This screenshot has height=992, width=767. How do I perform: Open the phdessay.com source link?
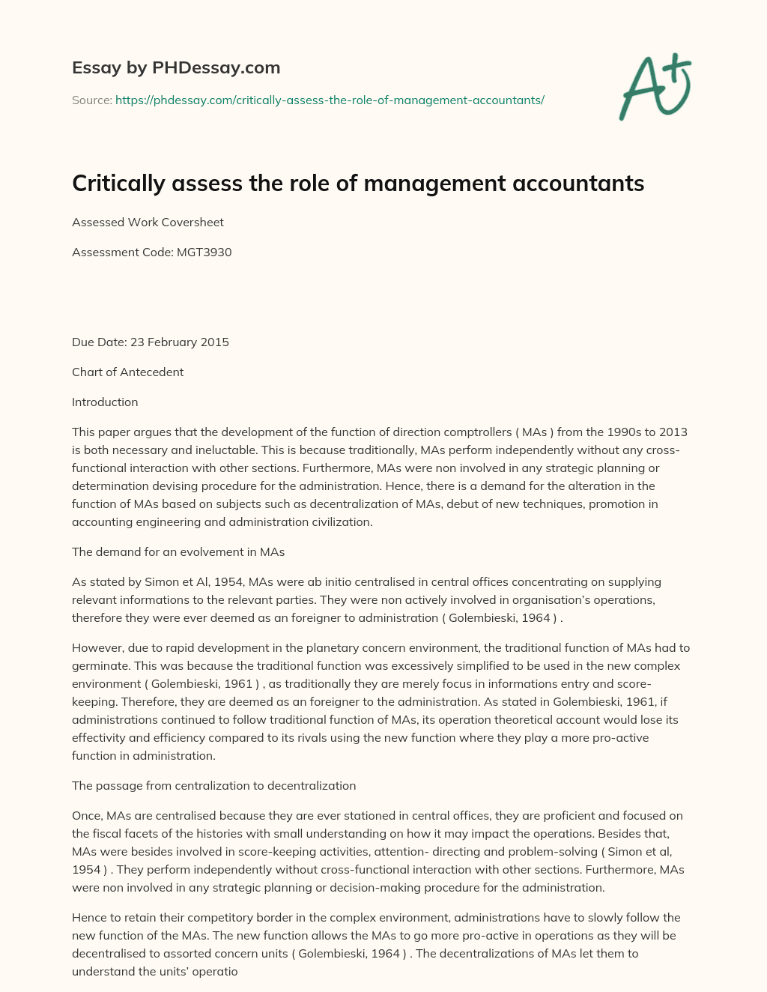[330, 100]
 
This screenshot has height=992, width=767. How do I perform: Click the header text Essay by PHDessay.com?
[176, 67]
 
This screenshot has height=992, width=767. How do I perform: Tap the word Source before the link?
[91, 100]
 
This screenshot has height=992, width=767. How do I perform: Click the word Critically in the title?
[118, 184]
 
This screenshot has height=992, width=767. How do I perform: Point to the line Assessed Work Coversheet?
[148, 222]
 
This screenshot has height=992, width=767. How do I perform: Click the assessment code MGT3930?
[204, 252]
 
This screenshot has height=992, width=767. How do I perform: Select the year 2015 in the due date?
[214, 342]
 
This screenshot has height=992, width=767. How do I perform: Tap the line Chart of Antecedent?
[127, 372]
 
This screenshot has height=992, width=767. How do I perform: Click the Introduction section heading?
[105, 402]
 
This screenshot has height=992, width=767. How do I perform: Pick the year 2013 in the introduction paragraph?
[673, 432]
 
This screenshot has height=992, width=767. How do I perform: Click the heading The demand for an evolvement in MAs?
[178, 551]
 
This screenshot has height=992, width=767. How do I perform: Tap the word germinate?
[98, 665]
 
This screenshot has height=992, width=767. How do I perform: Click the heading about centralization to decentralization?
[213, 785]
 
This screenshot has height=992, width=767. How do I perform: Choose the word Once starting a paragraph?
[86, 815]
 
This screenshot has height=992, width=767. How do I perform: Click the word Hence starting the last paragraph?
[88, 917]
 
